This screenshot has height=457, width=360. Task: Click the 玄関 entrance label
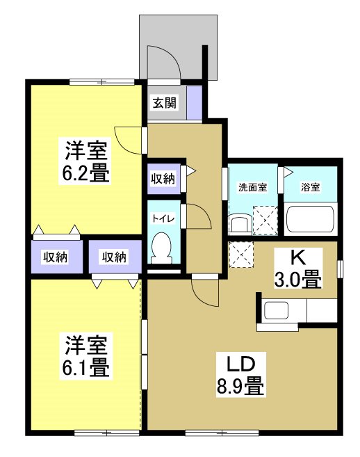coord(165,103)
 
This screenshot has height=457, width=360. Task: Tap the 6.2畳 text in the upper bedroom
coord(85,173)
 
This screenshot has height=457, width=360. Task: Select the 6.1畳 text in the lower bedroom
coord(85,366)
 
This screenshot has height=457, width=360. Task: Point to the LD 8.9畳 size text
coord(240,383)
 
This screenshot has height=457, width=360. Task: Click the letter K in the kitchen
coord(297,257)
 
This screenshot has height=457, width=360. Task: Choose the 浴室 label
coord(310,187)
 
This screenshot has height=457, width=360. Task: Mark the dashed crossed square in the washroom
coord(265,219)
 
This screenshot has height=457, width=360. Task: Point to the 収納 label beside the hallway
coord(163,179)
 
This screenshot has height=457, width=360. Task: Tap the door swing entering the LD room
coord(206,292)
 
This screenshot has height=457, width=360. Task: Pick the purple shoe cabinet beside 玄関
coord(194,102)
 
